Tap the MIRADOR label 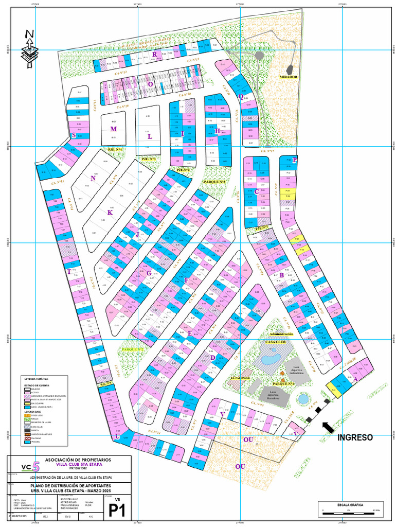289,76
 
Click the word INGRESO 355,437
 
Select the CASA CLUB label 276,341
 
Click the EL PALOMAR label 240,377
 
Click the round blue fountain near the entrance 303,398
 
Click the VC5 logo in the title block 30,467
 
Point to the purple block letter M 113,129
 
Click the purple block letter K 109,212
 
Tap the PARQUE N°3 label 215,182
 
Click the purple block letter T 69,272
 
